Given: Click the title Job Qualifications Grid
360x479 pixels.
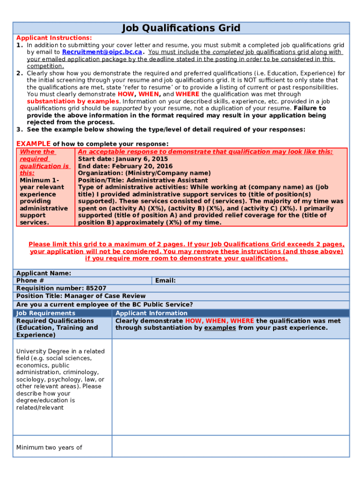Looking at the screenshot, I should click(181, 28).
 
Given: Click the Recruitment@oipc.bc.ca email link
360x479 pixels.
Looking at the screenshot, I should click(102, 52).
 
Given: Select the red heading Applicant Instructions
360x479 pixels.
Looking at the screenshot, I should click(54, 38).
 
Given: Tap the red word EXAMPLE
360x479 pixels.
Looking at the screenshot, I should click(33, 144).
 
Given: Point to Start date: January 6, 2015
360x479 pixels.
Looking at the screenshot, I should click(122, 159).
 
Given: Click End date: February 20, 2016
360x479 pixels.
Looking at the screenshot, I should click(125, 166).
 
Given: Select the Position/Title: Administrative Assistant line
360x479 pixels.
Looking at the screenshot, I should click(143, 180).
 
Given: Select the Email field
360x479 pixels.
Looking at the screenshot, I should click(251, 281).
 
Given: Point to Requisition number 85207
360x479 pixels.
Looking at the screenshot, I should click(61, 288).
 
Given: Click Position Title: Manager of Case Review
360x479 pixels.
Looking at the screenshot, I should click(81, 296).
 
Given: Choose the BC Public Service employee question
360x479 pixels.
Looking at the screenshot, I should click(104, 305).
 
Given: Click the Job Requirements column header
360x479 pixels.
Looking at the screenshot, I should click(46, 313).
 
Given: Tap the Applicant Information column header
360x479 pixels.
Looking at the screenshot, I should click(151, 313).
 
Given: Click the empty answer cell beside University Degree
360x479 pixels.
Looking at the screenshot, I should click(230, 387).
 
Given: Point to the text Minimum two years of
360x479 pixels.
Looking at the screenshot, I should click(49, 448).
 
